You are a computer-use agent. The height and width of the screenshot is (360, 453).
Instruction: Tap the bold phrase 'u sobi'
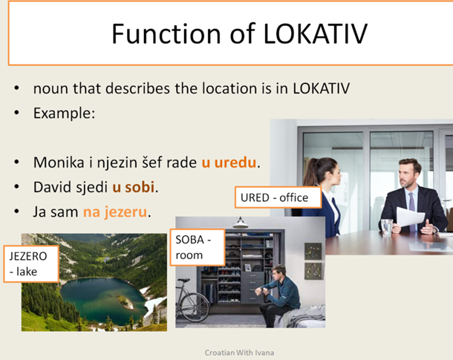(x=134, y=187)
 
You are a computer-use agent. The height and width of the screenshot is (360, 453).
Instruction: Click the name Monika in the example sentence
(x=56, y=162)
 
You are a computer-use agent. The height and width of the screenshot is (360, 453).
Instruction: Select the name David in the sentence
(x=50, y=187)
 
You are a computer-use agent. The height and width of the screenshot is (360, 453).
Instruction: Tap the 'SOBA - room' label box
(x=198, y=246)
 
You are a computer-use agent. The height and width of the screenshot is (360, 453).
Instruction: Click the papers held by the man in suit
(x=411, y=217)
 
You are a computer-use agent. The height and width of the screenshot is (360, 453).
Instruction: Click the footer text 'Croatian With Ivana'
(x=240, y=353)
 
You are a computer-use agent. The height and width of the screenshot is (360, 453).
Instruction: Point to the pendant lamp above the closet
(x=239, y=222)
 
